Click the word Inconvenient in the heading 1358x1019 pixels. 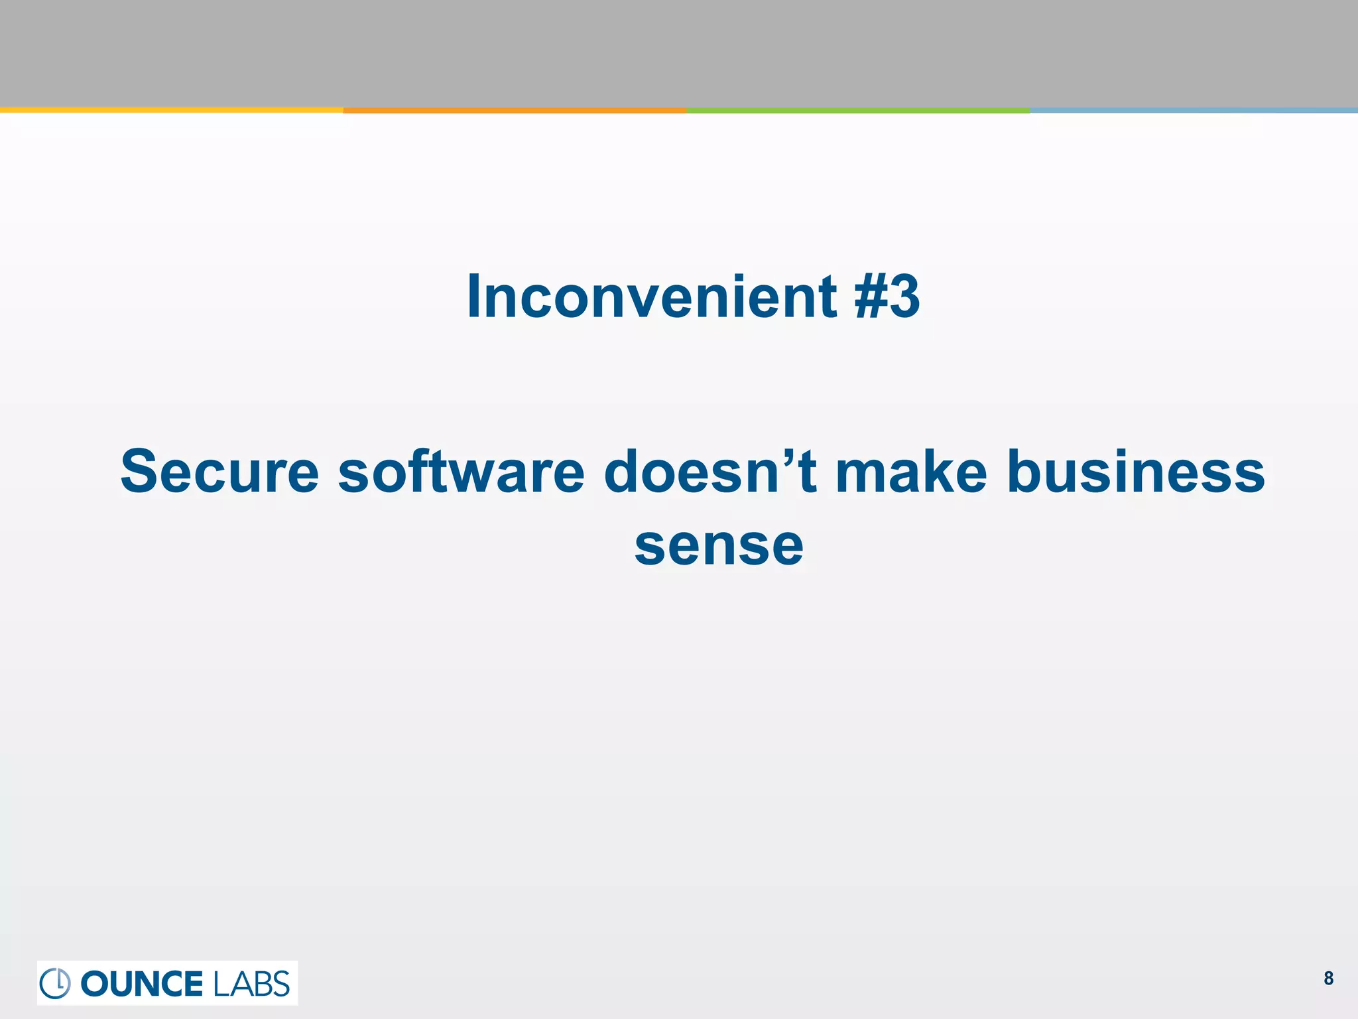[x=652, y=297]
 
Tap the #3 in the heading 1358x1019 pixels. [x=887, y=297]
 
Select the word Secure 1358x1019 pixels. [x=219, y=472]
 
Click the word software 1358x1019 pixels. [x=462, y=472]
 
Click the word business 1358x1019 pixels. [x=1136, y=472]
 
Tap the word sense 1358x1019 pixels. [x=719, y=545]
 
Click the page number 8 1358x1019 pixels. [x=1328, y=979]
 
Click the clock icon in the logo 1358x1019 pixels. [x=56, y=983]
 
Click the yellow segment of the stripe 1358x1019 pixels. [x=171, y=110]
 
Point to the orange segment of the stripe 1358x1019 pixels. [x=515, y=110]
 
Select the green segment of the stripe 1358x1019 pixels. [x=858, y=110]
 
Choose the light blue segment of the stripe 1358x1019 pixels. [x=1194, y=110]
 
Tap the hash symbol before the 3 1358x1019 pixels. [x=870, y=297]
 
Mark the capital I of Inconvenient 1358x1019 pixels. [x=473, y=297]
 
